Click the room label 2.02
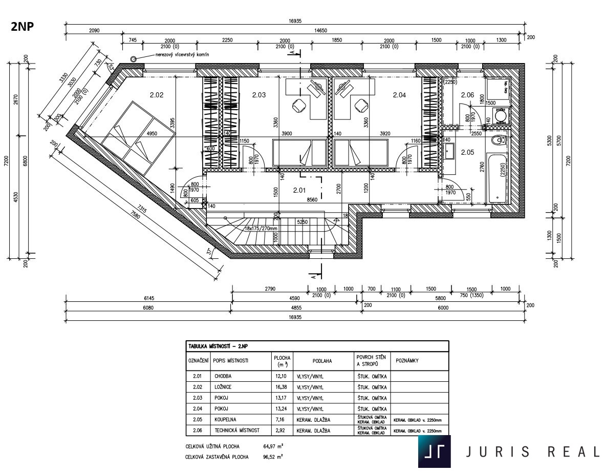click(156, 94)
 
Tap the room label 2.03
click(259, 94)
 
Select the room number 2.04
click(399, 94)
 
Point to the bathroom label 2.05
click(467, 152)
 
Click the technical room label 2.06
click(467, 94)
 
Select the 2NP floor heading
click(23, 27)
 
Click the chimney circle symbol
click(134, 59)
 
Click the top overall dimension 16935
click(295, 22)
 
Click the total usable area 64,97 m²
click(274, 446)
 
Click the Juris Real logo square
click(434, 451)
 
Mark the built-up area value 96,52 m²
click(274, 457)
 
